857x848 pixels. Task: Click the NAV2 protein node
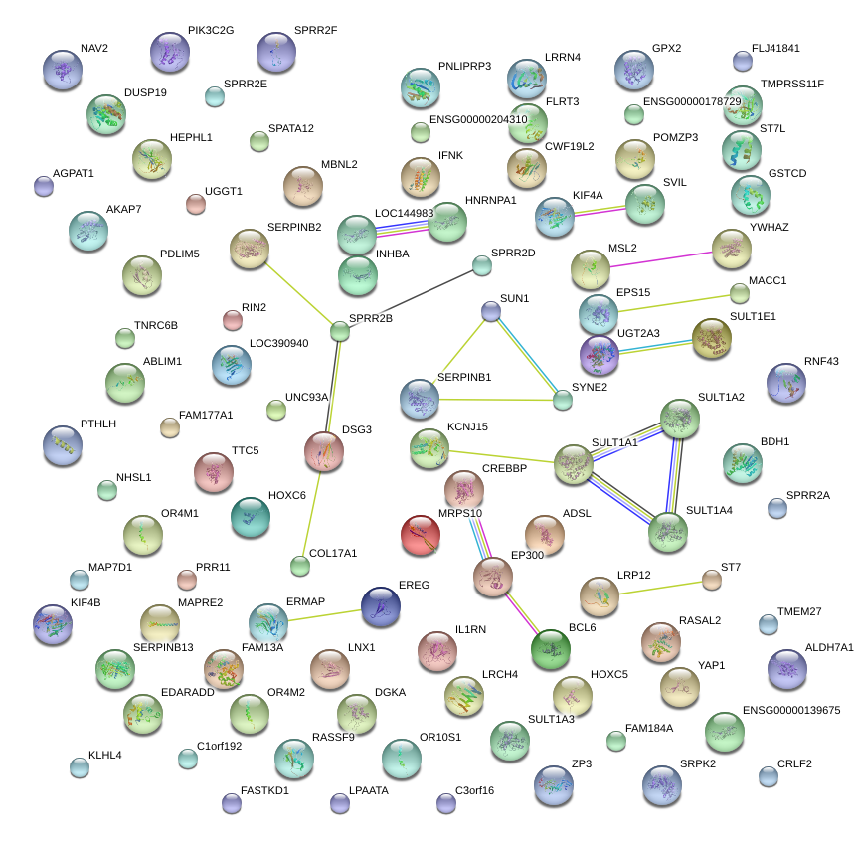click(x=64, y=70)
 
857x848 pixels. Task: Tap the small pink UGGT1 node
click(x=196, y=204)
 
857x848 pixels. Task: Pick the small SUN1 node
click(x=490, y=311)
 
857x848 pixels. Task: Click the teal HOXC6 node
click(x=250, y=514)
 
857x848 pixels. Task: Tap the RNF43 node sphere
click(x=786, y=383)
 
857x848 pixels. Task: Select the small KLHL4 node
click(x=80, y=766)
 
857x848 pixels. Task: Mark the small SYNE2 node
click(x=563, y=400)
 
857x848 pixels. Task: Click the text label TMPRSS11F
click(x=791, y=84)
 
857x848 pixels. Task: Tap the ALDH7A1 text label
click(x=829, y=647)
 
